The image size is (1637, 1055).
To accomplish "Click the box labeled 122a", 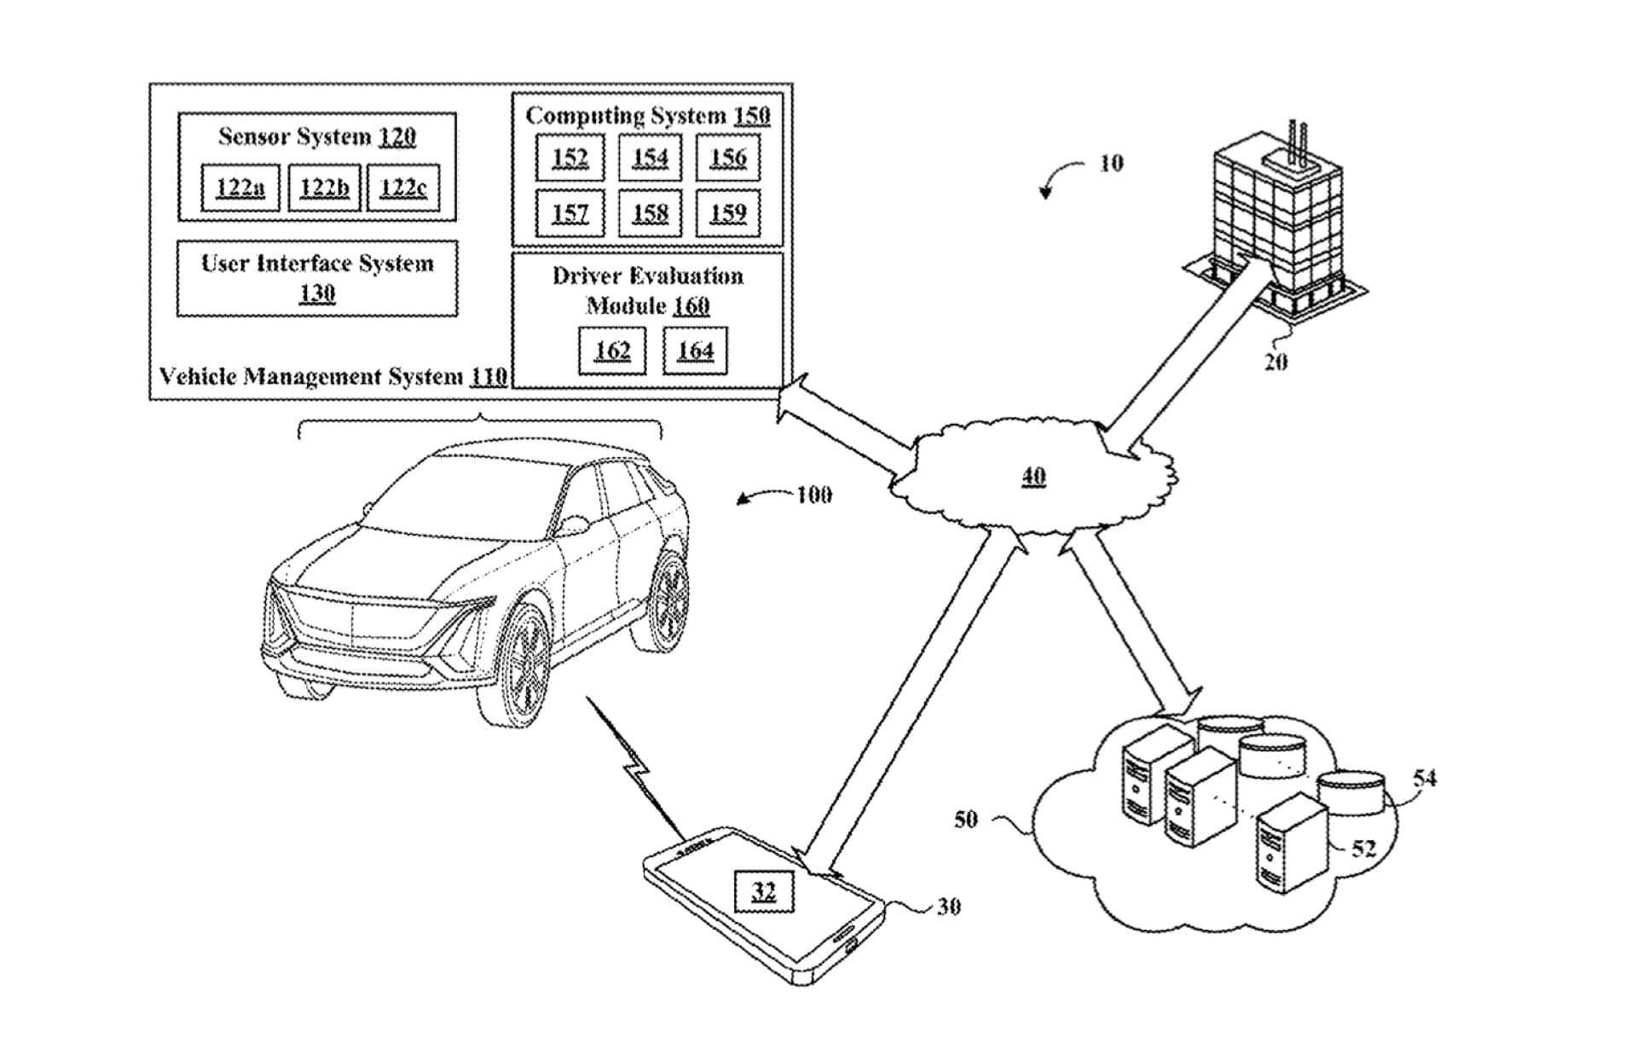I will (x=240, y=188).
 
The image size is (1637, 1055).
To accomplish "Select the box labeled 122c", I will (x=403, y=188).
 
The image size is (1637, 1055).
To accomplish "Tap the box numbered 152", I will (x=570, y=158).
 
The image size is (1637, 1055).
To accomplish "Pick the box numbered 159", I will (x=727, y=212).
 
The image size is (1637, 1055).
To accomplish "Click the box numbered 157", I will (x=570, y=212).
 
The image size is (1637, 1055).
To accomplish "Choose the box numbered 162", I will (x=612, y=351).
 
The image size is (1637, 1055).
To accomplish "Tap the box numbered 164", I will (x=695, y=351).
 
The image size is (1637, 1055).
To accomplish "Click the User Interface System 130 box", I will (x=317, y=278).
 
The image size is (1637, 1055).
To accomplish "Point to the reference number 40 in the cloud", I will (x=1033, y=476).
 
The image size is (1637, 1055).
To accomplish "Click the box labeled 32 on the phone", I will (x=764, y=892).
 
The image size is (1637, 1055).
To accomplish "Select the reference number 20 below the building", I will (x=1275, y=362).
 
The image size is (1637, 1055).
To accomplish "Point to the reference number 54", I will (x=1425, y=778).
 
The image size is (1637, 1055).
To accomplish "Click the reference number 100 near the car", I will (x=814, y=495).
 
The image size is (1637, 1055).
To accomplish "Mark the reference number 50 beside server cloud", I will (x=965, y=820).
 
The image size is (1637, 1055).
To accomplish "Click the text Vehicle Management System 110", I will (x=333, y=376).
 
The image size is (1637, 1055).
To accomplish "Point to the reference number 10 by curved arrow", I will (x=1111, y=163).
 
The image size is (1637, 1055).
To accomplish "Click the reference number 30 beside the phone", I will (x=949, y=907).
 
